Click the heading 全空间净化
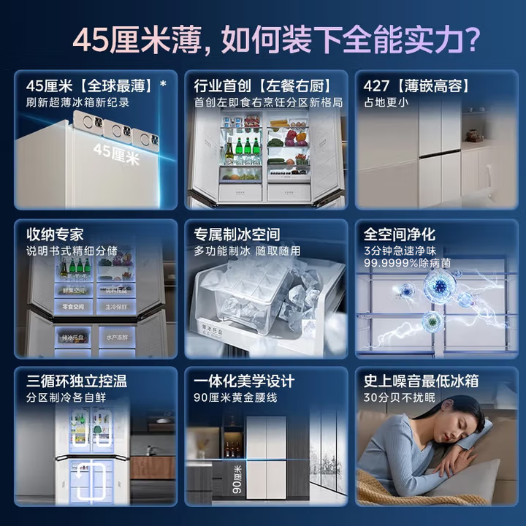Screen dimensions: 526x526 400,235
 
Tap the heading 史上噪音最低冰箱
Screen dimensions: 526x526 422,381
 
